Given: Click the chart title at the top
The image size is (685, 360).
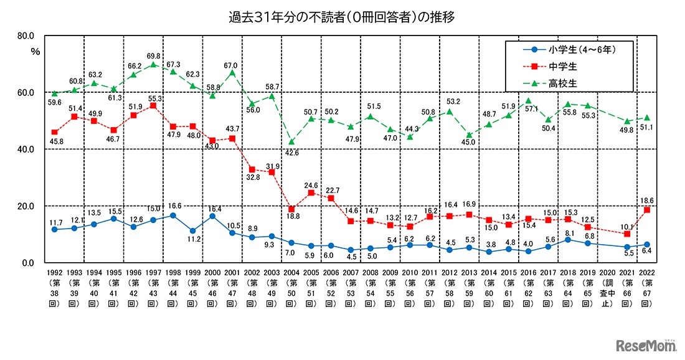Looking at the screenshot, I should tap(341, 16).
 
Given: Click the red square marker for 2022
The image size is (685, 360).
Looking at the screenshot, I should tap(647, 210).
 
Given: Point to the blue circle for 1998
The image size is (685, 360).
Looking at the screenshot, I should tap(172, 216).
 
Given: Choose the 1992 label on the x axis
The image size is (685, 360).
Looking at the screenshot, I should tap(54, 273).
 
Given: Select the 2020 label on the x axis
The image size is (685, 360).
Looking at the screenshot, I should tap(607, 273).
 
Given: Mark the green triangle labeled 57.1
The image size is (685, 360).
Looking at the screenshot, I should tap(529, 100).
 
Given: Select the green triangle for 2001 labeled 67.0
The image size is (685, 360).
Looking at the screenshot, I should tap(232, 72).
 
